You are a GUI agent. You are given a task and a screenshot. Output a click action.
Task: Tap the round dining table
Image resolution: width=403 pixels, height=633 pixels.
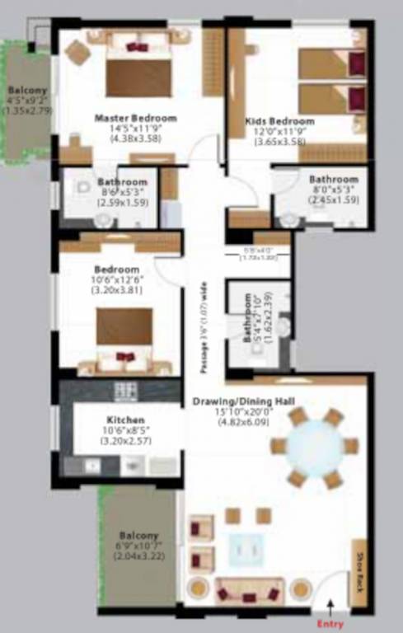(317, 446)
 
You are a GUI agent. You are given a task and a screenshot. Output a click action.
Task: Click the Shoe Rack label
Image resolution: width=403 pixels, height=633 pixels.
(360, 568)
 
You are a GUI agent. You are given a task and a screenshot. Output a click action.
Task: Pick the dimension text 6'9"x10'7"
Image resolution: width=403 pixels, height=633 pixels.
(138, 546)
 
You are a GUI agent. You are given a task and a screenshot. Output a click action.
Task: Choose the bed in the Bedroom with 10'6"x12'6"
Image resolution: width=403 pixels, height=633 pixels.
(124, 338)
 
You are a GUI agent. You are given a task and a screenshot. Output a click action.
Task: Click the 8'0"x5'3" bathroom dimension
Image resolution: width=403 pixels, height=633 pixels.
(333, 190)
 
